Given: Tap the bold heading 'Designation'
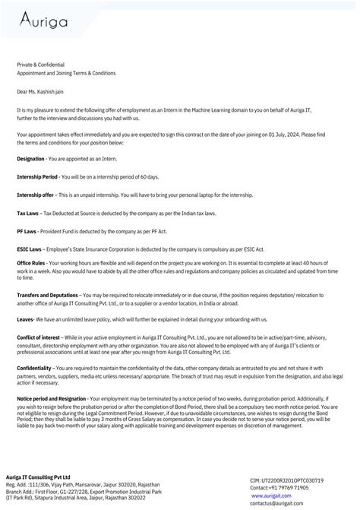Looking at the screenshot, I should pyautogui.click(x=30, y=157).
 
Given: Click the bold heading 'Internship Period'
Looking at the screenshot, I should pyautogui.click(x=37, y=176).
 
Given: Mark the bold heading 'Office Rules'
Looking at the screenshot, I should pyautogui.click(x=31, y=263).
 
